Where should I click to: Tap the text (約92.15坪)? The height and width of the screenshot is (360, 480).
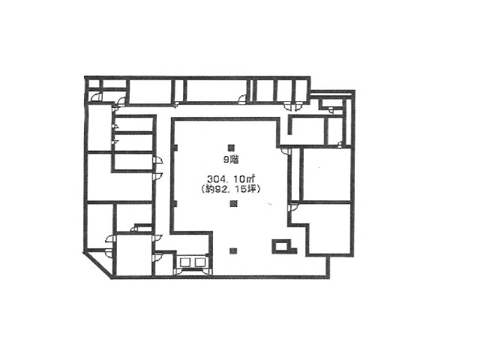click(x=231, y=190)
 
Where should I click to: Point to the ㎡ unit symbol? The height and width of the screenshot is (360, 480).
click(x=253, y=178)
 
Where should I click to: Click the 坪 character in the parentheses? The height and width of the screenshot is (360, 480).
click(x=256, y=190)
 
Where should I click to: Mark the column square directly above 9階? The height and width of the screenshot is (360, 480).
click(x=232, y=146)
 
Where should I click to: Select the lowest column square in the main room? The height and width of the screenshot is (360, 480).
click(x=232, y=249)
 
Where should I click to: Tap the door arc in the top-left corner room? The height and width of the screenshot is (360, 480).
click(x=96, y=95)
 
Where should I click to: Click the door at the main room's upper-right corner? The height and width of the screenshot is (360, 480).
click(x=285, y=150)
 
